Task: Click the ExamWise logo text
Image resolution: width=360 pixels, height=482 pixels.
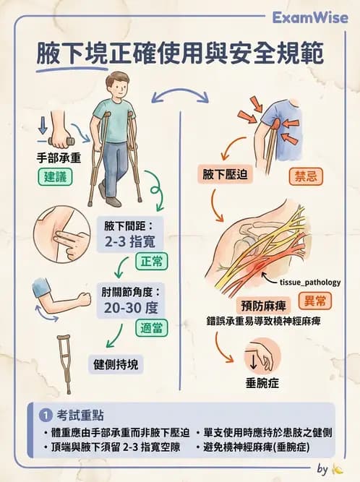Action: click(311, 17)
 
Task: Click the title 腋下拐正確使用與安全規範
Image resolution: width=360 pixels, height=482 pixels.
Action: click(180, 55)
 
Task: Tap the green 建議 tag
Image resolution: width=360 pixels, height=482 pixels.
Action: click(56, 176)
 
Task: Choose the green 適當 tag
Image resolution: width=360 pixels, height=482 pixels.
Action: click(151, 327)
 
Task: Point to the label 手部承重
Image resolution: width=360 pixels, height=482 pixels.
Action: click(56, 155)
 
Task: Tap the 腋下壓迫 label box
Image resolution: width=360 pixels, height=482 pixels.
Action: click(228, 174)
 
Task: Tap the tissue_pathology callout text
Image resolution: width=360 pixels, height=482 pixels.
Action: click(304, 283)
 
